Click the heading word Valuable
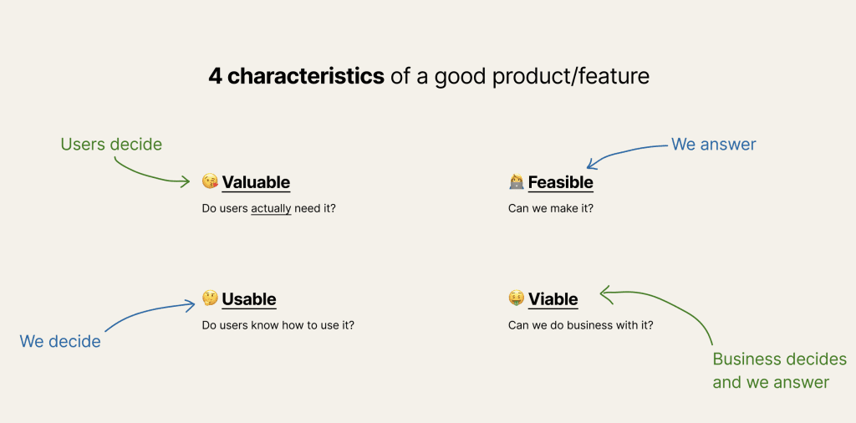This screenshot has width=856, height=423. [x=256, y=181]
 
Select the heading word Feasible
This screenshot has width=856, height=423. [x=560, y=181]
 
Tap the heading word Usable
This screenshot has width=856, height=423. [x=249, y=299]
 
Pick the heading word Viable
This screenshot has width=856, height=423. [x=553, y=299]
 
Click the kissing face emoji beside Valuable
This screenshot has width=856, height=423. [x=210, y=181]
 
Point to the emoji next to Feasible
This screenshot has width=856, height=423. [x=517, y=181]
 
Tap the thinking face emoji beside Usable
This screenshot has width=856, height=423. [x=210, y=298]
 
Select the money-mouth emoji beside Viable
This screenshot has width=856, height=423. [x=517, y=298]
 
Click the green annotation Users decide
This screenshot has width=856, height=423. [x=111, y=144]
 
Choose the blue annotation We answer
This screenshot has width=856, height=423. [x=714, y=144]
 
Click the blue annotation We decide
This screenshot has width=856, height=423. [x=60, y=341]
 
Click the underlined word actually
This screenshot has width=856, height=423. [x=272, y=208]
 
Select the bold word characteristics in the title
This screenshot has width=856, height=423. [x=306, y=77]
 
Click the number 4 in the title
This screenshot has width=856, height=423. [x=215, y=77]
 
